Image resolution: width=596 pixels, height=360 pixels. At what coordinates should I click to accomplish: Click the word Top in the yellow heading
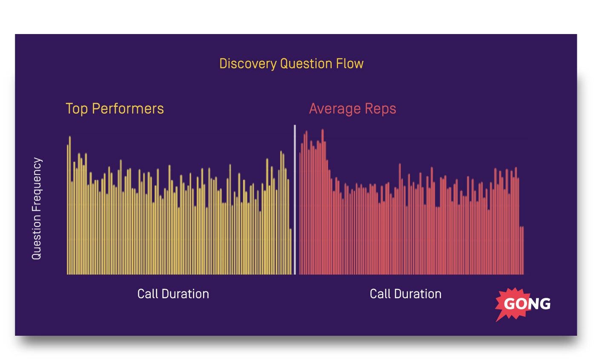(77, 109)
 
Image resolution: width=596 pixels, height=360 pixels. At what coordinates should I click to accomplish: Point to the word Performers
(128, 109)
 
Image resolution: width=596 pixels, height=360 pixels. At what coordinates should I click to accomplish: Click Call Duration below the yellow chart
(173, 294)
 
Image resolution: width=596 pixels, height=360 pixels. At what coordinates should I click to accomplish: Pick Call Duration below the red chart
(405, 294)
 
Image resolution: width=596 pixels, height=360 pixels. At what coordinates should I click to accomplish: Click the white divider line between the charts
(295, 200)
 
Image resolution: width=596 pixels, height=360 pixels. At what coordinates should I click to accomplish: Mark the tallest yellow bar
(70, 204)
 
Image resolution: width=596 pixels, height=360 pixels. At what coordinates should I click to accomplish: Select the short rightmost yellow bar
(291, 251)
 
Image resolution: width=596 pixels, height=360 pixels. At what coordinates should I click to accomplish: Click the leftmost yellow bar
(67, 209)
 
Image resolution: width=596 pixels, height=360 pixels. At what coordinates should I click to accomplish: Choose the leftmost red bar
(300, 213)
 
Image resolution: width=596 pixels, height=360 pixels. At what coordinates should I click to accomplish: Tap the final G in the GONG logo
(545, 304)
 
